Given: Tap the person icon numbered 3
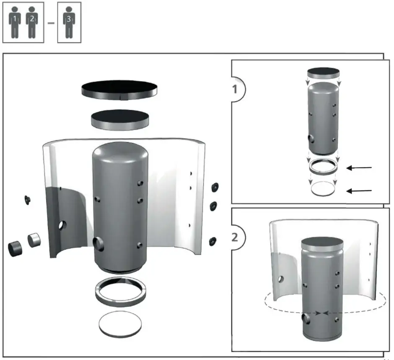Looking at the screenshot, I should [69, 23].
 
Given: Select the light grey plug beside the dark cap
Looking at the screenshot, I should [34, 240].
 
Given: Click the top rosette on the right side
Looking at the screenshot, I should [215, 186].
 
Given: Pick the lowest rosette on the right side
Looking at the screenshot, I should [213, 241].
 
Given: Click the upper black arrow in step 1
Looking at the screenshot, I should [359, 168].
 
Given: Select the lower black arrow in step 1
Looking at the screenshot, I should [359, 191].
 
